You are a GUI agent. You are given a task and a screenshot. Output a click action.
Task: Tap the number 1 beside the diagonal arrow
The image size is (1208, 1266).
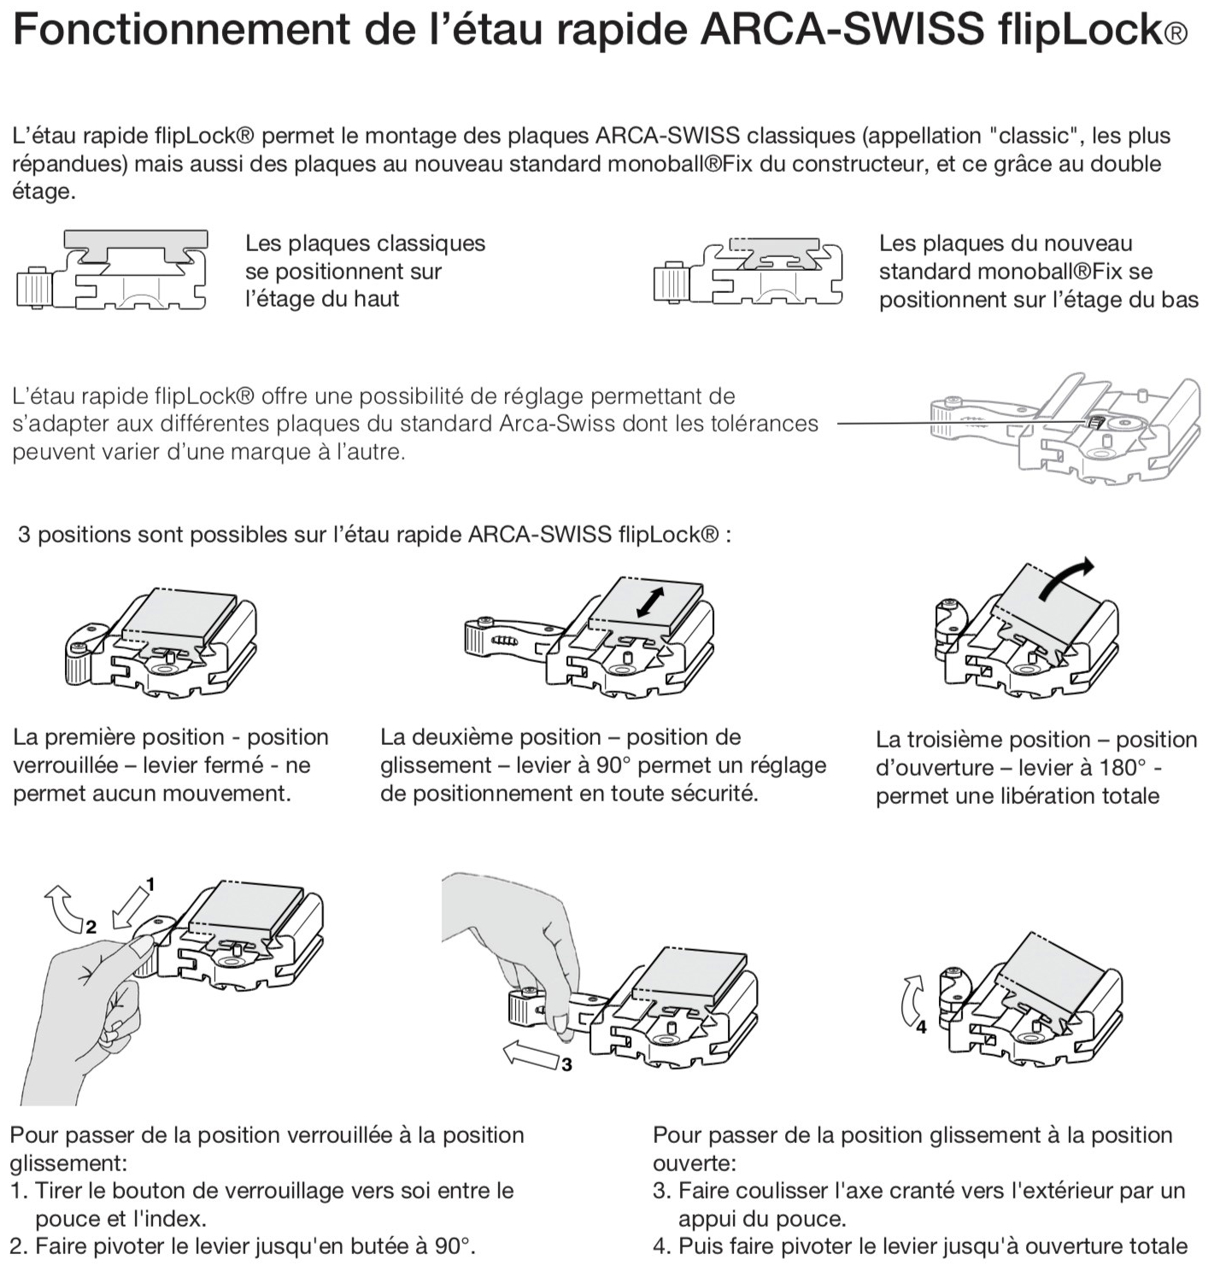tap(150, 884)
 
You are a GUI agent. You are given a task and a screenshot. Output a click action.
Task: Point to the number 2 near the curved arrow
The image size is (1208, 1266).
tap(91, 927)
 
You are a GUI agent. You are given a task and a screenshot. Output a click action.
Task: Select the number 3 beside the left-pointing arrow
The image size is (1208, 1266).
tap(566, 1065)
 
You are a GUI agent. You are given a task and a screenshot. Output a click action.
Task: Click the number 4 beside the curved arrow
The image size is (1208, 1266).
tap(921, 1027)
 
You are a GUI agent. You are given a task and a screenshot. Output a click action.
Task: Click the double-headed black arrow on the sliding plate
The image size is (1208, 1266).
tap(650, 602)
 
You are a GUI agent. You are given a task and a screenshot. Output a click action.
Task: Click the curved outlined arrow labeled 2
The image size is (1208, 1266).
tap(63, 908)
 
